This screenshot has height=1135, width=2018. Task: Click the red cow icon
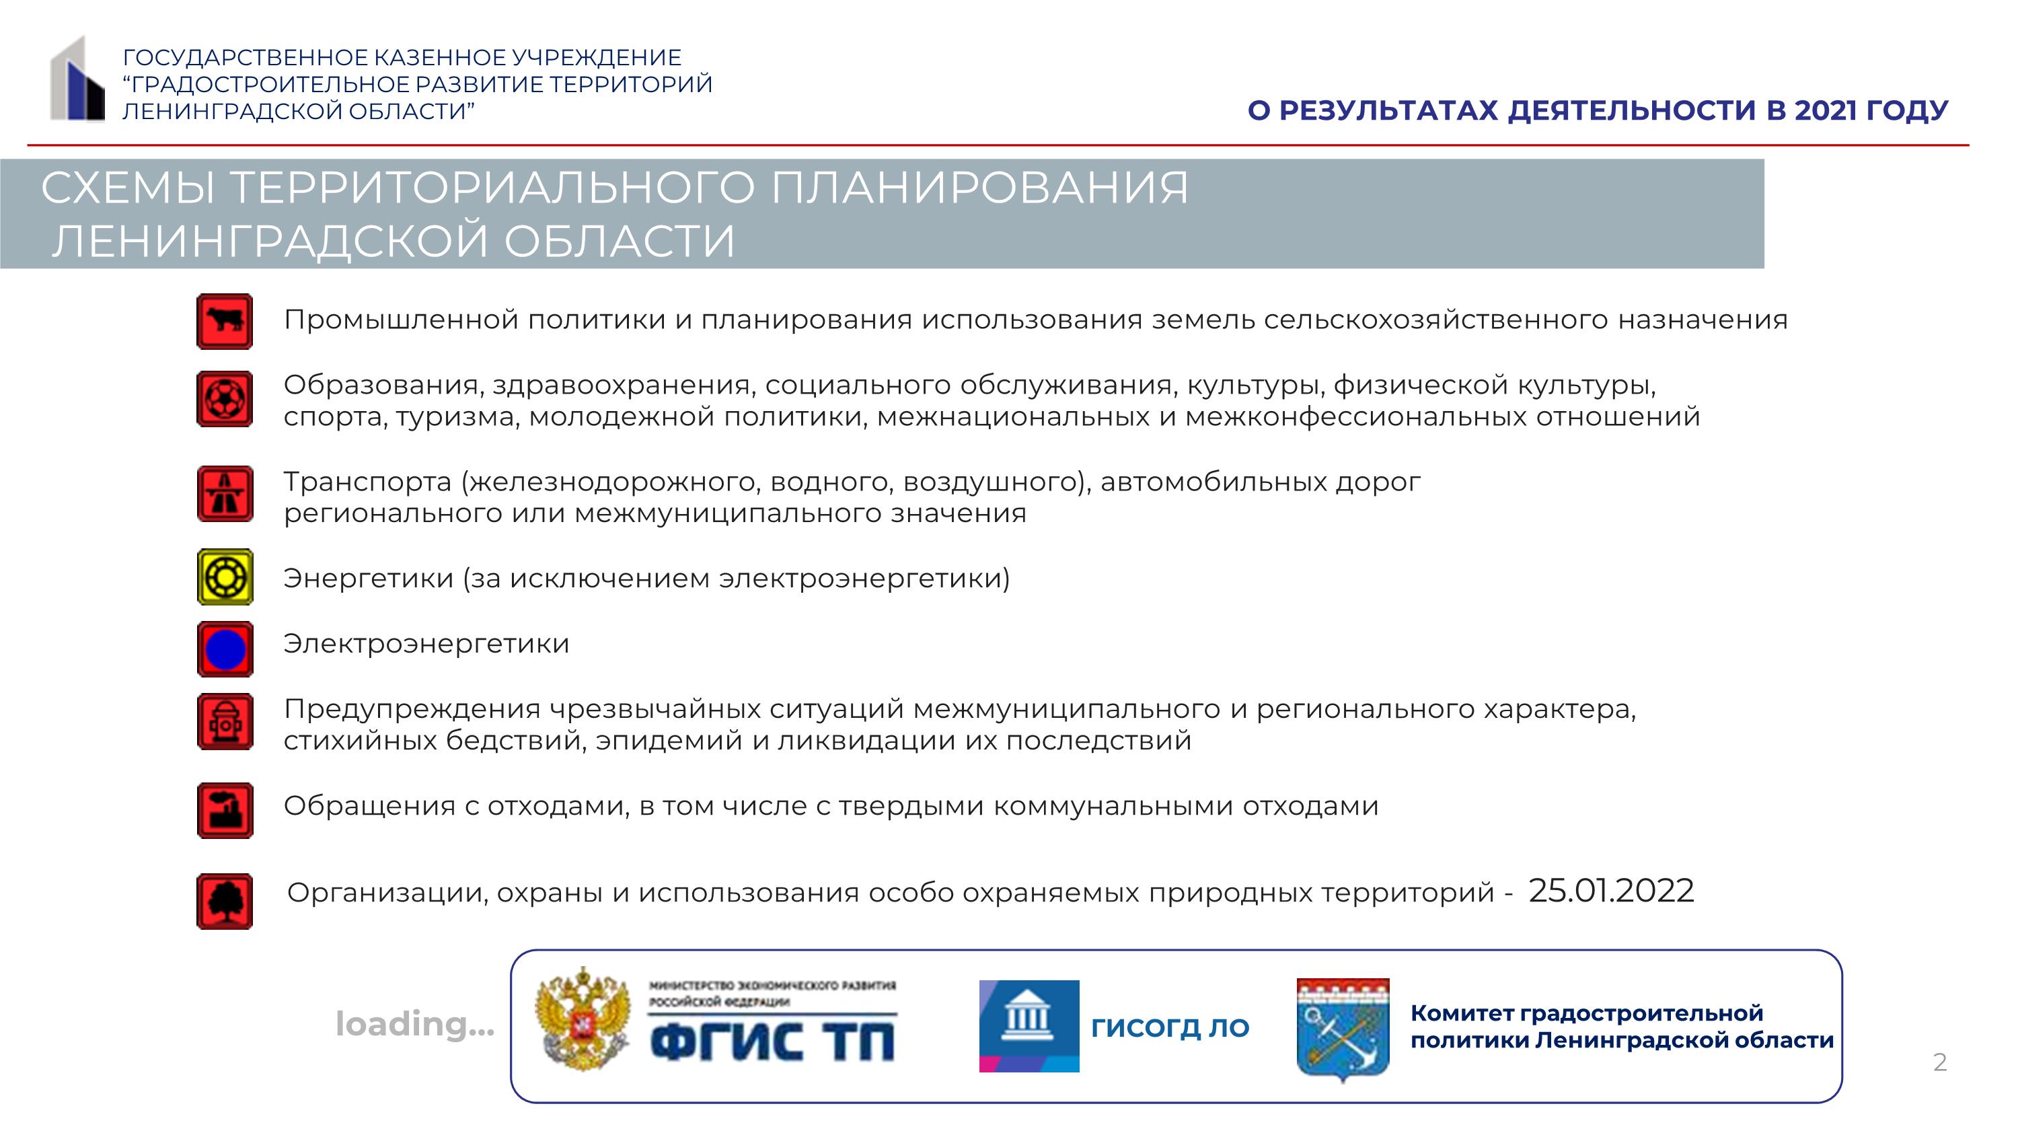[225, 321]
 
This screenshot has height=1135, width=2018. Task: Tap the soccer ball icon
[225, 399]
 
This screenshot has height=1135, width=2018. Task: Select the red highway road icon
[225, 493]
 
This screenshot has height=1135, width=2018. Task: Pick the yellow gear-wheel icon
[225, 577]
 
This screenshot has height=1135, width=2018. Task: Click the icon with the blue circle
[225, 649]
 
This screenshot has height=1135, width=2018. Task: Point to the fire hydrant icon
[225, 721]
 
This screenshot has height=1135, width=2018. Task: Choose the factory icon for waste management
[225, 811]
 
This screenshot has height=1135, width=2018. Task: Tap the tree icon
[225, 902]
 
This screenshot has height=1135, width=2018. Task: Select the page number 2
[1940, 1062]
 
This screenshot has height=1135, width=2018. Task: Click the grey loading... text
[414, 1024]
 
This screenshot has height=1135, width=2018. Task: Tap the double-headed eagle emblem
[583, 1020]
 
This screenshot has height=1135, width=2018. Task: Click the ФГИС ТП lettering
[772, 1041]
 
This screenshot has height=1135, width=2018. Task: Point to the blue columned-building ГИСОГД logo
[1029, 1026]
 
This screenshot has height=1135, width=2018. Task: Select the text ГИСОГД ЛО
[1170, 1027]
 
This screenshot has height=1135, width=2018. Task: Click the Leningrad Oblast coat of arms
[1343, 1029]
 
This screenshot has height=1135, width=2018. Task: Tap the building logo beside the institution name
[77, 79]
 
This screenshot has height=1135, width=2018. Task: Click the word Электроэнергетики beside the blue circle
[426, 644]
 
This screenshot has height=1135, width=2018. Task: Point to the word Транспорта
[367, 482]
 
